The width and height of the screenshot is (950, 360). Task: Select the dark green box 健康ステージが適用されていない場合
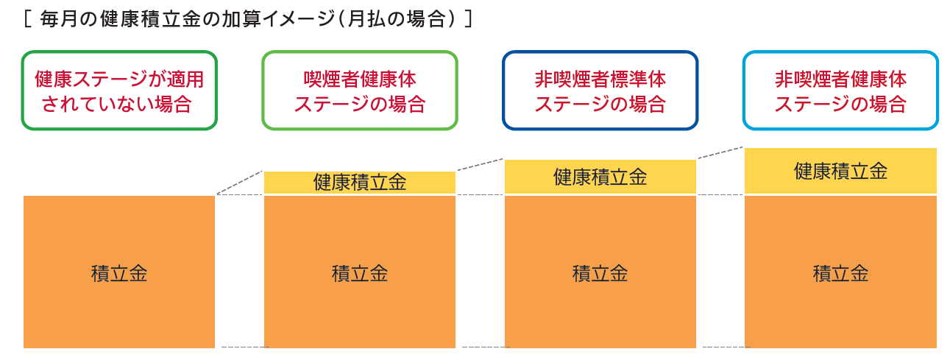[119, 91]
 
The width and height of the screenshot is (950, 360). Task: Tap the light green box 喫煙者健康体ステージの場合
[360, 91]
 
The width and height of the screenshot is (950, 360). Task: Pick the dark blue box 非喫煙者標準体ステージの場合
[600, 91]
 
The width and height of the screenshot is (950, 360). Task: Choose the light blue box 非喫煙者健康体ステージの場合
[840, 91]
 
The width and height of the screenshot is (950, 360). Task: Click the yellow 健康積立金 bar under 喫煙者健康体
[360, 183]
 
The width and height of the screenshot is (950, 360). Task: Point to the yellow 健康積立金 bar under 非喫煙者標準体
[600, 177]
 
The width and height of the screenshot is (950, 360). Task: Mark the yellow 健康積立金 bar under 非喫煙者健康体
[840, 171]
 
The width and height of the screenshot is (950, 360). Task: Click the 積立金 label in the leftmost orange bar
[119, 273]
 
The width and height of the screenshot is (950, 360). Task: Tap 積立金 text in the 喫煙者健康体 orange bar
[360, 273]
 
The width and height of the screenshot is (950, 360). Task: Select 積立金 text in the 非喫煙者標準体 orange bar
[600, 273]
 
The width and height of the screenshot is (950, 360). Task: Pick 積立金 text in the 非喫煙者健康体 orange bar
[840, 273]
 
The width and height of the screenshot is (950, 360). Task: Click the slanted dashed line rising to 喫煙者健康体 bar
[240, 183]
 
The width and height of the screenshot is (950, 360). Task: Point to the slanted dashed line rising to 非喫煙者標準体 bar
[480, 165]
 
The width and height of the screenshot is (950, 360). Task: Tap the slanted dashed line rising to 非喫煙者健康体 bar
[720, 152]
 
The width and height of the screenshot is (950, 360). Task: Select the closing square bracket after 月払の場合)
[469, 18]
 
